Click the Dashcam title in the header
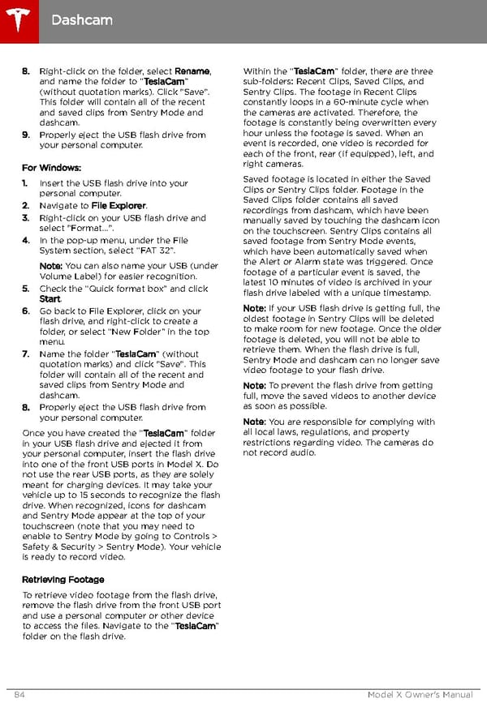click(81, 19)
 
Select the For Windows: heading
click(51, 168)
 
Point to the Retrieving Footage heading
click(62, 580)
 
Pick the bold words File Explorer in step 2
click(119, 206)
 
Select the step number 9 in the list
click(26, 135)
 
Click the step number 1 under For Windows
click(25, 184)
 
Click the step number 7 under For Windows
click(26, 354)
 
